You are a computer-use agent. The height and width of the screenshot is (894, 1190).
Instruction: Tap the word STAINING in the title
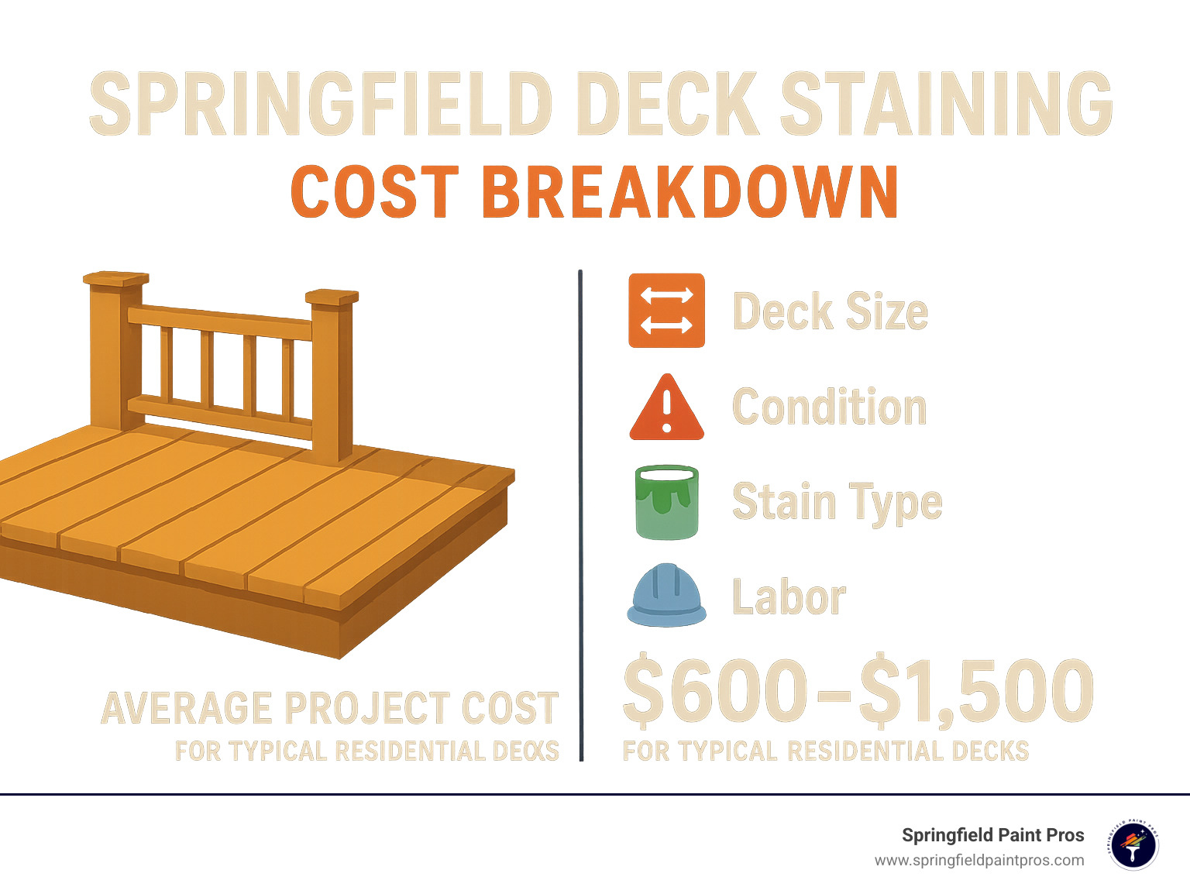[946, 105]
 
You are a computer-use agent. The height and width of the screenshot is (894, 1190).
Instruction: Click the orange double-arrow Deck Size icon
[666, 310]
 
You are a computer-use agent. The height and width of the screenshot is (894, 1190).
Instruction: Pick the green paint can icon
[666, 502]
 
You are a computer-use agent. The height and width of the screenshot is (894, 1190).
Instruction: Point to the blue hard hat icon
[666, 595]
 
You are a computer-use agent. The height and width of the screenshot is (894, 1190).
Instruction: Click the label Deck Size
[830, 311]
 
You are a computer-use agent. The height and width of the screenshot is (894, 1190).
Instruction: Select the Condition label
[829, 407]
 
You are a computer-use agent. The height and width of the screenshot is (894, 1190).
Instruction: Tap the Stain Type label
[837, 502]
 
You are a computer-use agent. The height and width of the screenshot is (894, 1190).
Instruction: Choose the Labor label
[789, 597]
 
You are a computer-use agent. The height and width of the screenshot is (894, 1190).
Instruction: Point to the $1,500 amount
[976, 689]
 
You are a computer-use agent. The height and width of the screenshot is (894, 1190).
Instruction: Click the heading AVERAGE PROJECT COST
[330, 708]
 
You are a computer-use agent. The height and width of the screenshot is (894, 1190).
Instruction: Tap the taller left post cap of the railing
[115, 279]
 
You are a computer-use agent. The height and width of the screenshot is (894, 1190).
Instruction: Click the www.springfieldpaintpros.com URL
[979, 861]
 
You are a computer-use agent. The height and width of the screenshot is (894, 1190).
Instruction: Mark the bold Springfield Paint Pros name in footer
[992, 835]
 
